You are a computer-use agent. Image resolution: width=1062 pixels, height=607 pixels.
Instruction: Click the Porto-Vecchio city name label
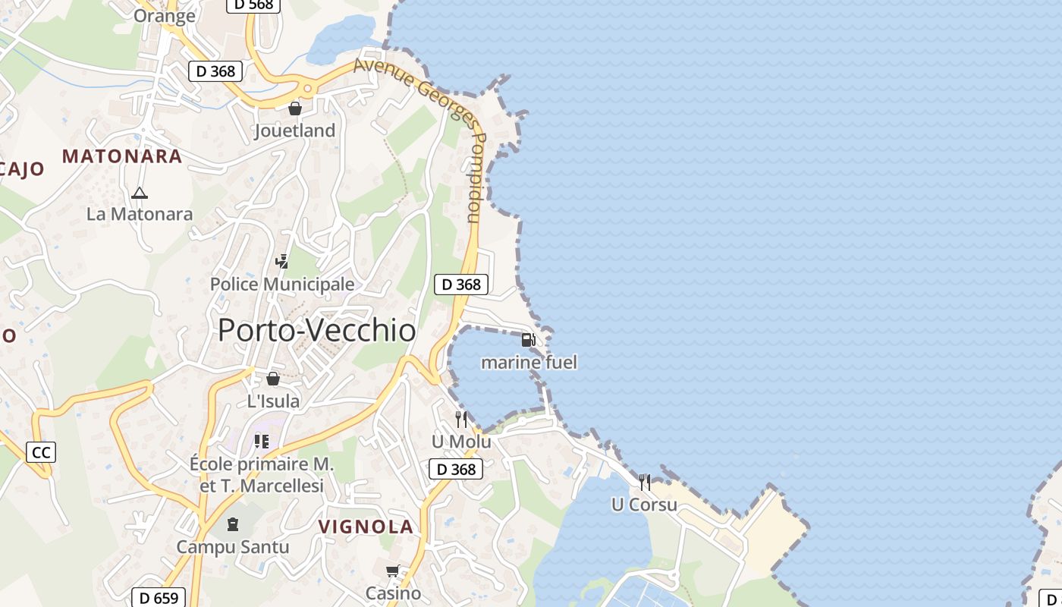click(317, 331)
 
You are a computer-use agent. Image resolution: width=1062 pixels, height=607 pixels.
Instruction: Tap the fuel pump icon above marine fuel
click(529, 339)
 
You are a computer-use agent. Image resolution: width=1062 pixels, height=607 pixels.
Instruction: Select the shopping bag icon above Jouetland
click(295, 109)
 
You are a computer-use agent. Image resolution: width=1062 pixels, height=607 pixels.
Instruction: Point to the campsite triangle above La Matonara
click(140, 193)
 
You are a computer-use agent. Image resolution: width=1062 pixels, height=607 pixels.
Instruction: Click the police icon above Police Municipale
click(281, 262)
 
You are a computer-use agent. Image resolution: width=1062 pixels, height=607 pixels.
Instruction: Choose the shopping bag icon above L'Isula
click(273, 379)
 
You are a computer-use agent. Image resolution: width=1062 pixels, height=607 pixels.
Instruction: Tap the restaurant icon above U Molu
click(461, 420)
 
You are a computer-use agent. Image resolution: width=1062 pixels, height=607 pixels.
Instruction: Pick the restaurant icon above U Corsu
click(645, 483)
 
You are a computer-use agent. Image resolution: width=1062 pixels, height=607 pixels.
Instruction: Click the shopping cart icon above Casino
click(393, 571)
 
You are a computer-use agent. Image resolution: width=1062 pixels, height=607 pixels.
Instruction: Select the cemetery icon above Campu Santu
click(233, 524)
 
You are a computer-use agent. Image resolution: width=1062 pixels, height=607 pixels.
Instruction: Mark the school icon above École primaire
click(262, 441)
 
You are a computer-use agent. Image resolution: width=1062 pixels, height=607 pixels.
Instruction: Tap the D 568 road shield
click(253, 5)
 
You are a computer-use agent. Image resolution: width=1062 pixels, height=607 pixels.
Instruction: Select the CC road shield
click(41, 453)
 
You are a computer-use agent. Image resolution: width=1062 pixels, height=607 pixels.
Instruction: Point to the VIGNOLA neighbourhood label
click(366, 527)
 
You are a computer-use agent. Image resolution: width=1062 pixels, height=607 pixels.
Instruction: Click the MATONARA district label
click(122, 156)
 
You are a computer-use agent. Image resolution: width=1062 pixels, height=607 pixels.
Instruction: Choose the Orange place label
click(165, 16)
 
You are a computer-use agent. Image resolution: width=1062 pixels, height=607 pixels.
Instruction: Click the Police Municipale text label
click(282, 285)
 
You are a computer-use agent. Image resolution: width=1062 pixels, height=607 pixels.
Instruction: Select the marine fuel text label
click(529, 363)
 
